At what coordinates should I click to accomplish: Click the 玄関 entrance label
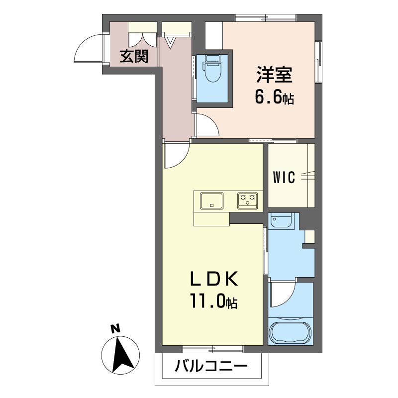(x=134, y=57)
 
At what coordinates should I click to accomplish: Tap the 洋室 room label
(x=274, y=76)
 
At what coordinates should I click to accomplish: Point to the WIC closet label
(x=284, y=177)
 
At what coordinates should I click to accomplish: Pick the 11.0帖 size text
(x=212, y=301)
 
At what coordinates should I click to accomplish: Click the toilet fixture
(x=213, y=70)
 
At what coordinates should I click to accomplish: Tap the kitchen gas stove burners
(x=248, y=200)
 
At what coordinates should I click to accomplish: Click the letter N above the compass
(x=115, y=328)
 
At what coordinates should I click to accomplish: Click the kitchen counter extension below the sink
(x=211, y=218)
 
